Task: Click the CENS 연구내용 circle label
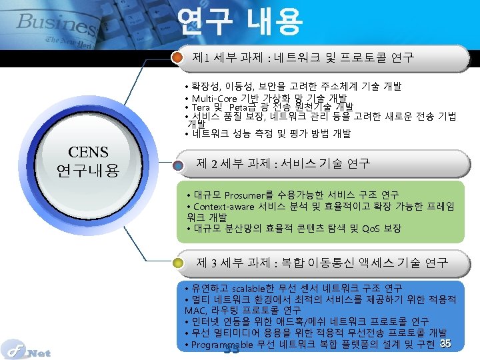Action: point(87,162)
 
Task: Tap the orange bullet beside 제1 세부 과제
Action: point(177,57)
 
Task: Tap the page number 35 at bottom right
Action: point(446,343)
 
